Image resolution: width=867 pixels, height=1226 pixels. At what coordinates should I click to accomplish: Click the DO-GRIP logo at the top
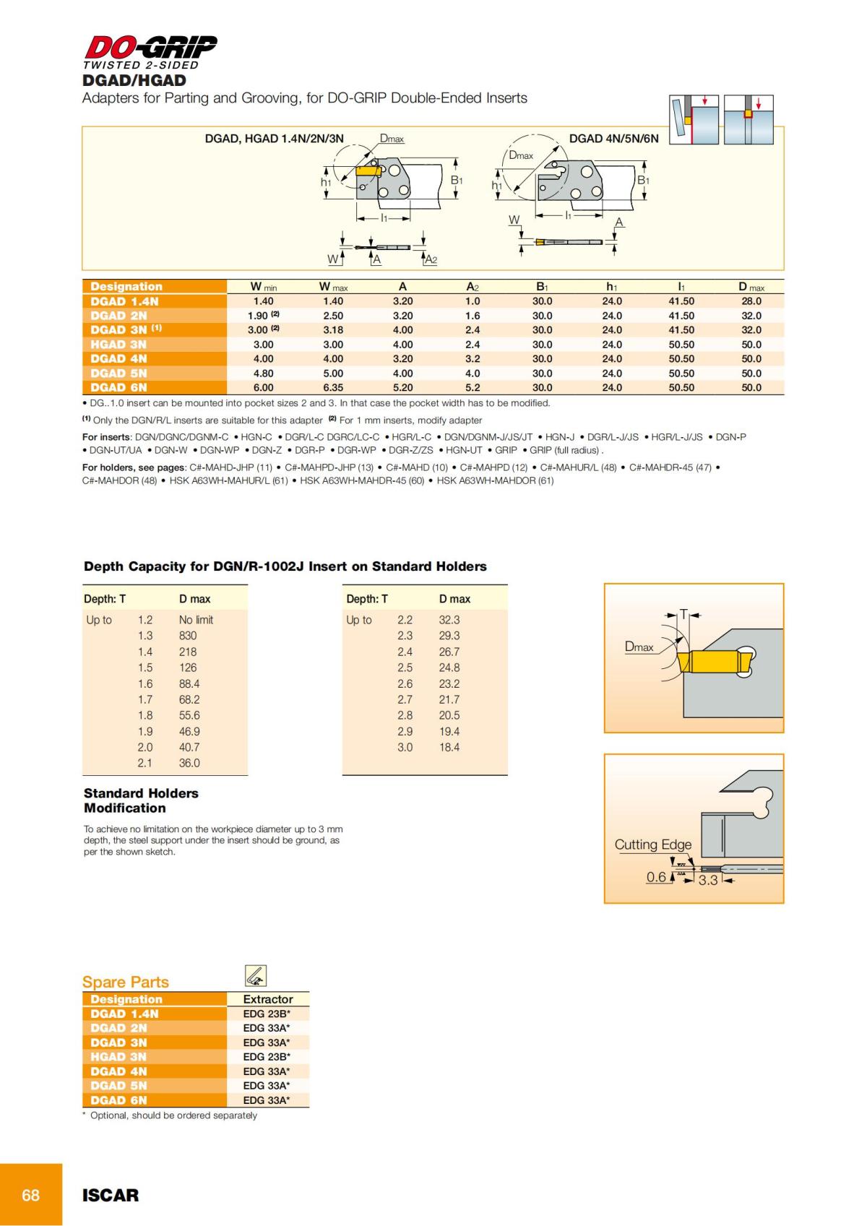click(x=150, y=48)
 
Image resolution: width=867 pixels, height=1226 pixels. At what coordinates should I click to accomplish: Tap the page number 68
click(x=30, y=1195)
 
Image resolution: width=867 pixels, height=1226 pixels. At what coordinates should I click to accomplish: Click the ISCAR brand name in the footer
click(x=111, y=1195)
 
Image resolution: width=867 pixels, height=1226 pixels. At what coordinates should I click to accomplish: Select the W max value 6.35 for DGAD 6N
click(x=333, y=387)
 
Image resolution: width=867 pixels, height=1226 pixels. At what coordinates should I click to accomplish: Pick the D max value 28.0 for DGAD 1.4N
click(x=751, y=301)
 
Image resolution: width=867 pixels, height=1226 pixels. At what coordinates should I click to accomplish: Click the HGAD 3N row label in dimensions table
click(x=118, y=345)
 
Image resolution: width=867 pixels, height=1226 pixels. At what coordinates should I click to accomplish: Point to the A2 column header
click(x=473, y=287)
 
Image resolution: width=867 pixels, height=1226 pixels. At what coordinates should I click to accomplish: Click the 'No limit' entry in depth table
click(x=196, y=620)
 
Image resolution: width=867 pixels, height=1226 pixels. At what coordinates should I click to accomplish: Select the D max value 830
click(x=188, y=636)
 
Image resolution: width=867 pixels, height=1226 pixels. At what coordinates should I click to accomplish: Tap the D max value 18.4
click(x=449, y=747)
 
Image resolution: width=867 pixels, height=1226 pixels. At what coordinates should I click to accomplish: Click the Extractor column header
click(x=268, y=999)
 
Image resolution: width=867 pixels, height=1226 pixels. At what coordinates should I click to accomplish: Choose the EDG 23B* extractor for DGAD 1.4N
click(x=267, y=1014)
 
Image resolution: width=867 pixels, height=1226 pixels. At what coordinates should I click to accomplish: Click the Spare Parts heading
click(x=126, y=982)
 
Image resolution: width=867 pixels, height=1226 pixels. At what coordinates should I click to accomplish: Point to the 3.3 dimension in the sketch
click(x=708, y=880)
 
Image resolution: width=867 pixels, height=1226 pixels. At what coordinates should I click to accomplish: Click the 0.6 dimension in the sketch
click(x=656, y=877)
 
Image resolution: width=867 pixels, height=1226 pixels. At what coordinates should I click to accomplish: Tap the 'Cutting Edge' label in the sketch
click(x=653, y=845)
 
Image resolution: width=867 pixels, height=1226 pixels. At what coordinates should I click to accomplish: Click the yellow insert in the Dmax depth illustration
click(x=712, y=660)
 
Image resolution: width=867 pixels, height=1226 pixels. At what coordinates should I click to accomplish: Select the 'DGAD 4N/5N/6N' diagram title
click(x=613, y=139)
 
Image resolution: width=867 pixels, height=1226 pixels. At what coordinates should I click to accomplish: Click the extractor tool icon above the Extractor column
click(x=256, y=976)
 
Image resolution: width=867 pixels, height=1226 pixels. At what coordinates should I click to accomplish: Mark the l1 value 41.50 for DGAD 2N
click(x=681, y=316)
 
